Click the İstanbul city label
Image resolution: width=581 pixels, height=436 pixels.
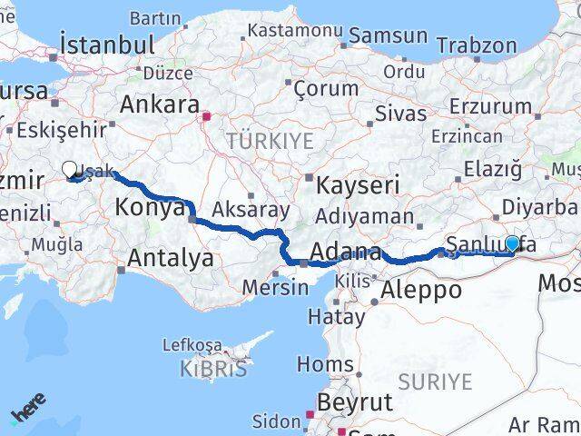click(x=106, y=44)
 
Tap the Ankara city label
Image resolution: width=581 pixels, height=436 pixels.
click(x=159, y=103)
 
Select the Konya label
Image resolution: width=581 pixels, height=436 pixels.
click(x=150, y=208)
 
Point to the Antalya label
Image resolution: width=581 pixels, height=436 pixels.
click(x=170, y=258)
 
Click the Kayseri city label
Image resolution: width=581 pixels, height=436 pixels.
click(x=359, y=185)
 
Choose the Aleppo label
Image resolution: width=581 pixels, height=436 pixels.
click(x=421, y=291)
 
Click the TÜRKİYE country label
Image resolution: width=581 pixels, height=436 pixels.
click(x=270, y=141)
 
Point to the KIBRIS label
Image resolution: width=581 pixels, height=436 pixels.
click(x=212, y=370)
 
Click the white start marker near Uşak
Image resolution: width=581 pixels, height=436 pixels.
click(x=70, y=169)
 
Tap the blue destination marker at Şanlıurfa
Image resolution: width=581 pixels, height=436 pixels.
click(x=513, y=243)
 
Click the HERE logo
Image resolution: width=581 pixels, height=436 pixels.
click(x=28, y=413)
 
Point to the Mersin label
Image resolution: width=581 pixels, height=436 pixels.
click(x=276, y=288)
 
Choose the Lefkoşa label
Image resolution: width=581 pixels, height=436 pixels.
click(x=192, y=345)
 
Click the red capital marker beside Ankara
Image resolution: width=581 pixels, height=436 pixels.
click(x=207, y=116)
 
